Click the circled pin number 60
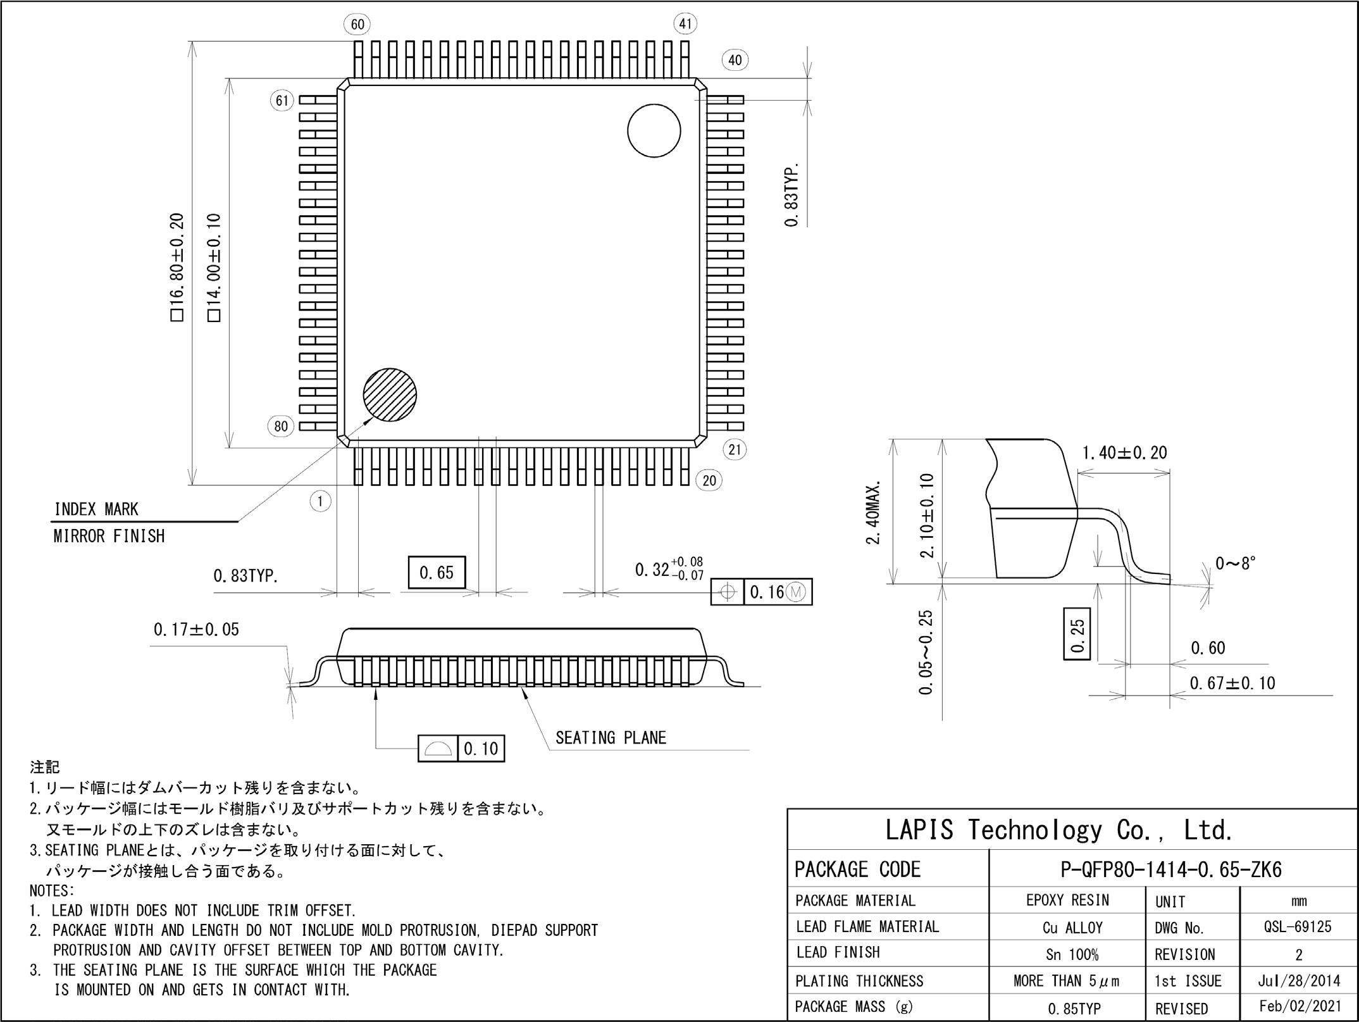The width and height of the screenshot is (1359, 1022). (x=357, y=24)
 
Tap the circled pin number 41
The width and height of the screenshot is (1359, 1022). (x=685, y=24)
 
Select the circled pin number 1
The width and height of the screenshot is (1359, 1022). (x=321, y=502)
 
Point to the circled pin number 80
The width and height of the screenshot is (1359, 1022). (x=281, y=426)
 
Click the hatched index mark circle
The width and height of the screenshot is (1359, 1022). (x=390, y=395)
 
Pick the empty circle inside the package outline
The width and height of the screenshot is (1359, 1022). (x=654, y=130)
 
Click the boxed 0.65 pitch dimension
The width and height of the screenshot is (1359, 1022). (x=437, y=572)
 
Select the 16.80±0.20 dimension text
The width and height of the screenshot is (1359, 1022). (x=177, y=267)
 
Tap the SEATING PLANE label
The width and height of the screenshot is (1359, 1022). (x=611, y=738)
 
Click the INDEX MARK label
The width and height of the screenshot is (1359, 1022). (x=96, y=509)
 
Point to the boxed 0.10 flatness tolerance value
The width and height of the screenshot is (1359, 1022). (x=481, y=749)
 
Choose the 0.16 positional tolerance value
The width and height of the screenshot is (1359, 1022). (x=767, y=592)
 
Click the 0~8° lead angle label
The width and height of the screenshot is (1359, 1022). (x=1236, y=563)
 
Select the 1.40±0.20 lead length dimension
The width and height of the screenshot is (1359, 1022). (x=1124, y=452)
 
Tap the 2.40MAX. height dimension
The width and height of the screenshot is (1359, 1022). (x=874, y=513)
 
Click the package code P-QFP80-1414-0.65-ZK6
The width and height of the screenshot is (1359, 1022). (x=1171, y=869)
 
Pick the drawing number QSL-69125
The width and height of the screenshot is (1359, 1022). (x=1298, y=927)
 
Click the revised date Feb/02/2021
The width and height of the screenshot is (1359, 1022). (x=1300, y=1006)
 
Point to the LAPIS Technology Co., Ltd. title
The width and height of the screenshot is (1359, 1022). (x=1058, y=830)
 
